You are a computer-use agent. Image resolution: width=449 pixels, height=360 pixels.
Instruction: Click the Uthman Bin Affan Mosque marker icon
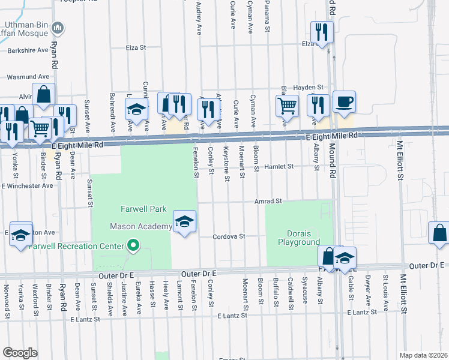(58, 28)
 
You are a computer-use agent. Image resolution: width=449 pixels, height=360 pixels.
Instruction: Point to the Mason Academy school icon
(184, 222)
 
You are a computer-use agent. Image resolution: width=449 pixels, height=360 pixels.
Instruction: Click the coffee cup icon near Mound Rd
(344, 103)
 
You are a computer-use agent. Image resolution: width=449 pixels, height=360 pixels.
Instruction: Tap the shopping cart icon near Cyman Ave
(288, 106)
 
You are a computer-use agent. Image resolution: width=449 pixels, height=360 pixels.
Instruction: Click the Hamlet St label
(280, 166)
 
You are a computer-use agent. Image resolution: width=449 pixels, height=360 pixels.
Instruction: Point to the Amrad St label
(267, 202)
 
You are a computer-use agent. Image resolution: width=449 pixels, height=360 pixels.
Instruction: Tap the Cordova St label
(230, 236)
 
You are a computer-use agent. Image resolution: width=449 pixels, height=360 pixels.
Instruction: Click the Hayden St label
(312, 88)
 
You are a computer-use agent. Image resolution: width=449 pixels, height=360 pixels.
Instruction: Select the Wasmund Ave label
(28, 77)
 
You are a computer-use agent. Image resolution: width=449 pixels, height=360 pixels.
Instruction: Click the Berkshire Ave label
(27, 51)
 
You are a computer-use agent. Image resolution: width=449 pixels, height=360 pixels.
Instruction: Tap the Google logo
(20, 353)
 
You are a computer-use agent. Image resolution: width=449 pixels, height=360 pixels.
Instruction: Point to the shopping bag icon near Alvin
(43, 95)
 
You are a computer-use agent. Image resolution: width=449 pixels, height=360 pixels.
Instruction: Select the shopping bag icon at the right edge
(439, 234)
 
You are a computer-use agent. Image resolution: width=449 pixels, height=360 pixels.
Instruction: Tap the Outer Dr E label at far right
(428, 265)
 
